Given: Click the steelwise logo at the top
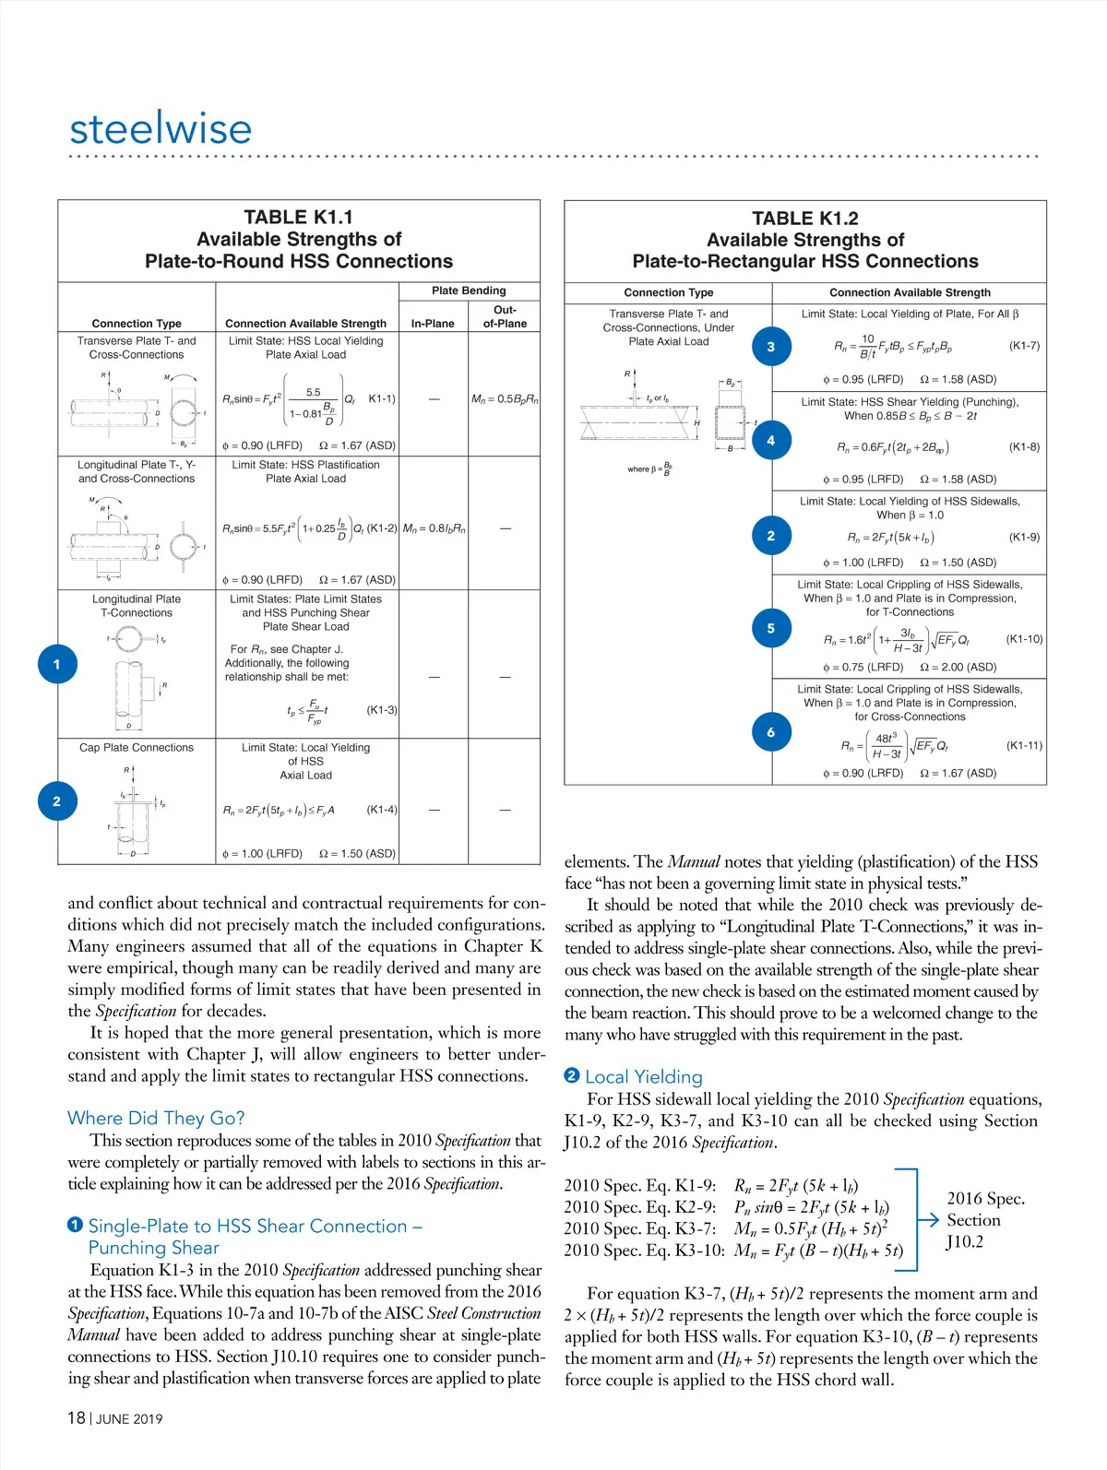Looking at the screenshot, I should tap(161, 128).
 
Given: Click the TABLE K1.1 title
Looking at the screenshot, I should tap(298, 218).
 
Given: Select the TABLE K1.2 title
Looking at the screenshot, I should tap(804, 219).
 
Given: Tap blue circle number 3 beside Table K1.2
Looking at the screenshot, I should tap(771, 347).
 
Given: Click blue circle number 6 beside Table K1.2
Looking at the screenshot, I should tap(771, 732).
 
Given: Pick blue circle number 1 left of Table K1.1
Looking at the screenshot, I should tap(57, 664).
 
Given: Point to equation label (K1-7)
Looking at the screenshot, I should tap(1024, 346).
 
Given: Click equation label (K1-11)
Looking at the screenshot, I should tap(1024, 745).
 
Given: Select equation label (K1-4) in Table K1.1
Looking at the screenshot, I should tap(382, 810).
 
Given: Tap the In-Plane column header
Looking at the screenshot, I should tap(433, 324).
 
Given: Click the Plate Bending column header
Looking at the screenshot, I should tap(469, 290).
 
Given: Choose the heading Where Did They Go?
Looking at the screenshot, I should tap(156, 1118).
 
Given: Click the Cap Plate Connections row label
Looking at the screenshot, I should tap(137, 748).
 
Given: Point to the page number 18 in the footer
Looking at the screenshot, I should tap(77, 1417).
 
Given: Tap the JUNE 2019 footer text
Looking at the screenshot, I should tap(129, 1419).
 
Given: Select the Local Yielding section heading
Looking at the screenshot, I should tap(643, 1076).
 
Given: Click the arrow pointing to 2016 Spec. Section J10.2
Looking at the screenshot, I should tap(927, 1219).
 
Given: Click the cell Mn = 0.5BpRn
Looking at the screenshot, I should tap(505, 399).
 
